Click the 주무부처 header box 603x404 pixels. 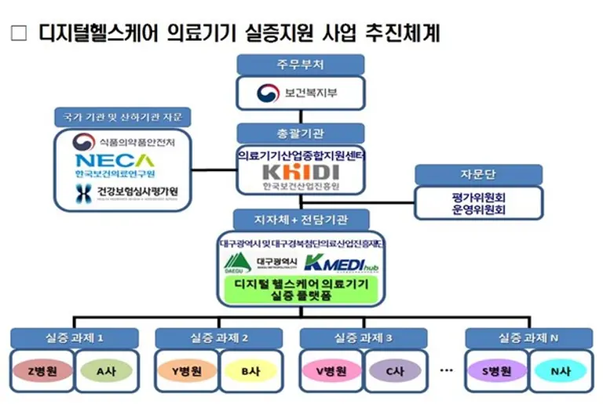coord(301,64)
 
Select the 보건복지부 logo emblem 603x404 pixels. coord(269,95)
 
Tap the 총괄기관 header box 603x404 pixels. coord(301,133)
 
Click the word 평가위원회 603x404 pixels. coord(478,197)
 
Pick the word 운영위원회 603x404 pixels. coord(478,209)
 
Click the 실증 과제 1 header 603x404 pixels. coord(75,337)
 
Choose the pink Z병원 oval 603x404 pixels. coord(42,371)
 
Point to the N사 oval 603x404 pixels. coord(561,371)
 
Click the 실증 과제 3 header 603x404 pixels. coord(364,337)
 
